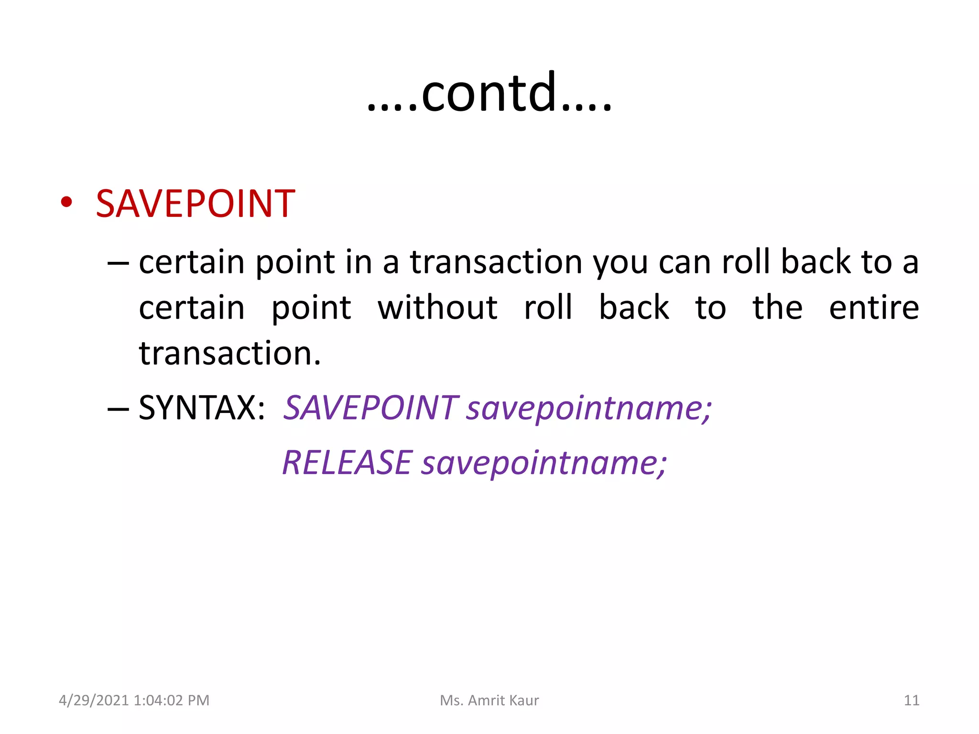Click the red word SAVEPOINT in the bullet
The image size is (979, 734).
(x=195, y=204)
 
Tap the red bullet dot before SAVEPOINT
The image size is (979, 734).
(x=66, y=202)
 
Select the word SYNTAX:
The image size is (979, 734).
(x=202, y=408)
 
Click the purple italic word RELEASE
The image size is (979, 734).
(x=347, y=463)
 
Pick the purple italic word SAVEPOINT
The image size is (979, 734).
(x=371, y=408)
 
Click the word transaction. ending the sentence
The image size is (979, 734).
(x=230, y=354)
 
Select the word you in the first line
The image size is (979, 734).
(x=620, y=263)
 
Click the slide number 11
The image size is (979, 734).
(x=911, y=700)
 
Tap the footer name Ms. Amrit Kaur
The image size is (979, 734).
(x=489, y=700)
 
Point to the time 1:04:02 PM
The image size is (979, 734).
(x=172, y=700)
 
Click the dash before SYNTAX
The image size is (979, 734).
(x=118, y=409)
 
